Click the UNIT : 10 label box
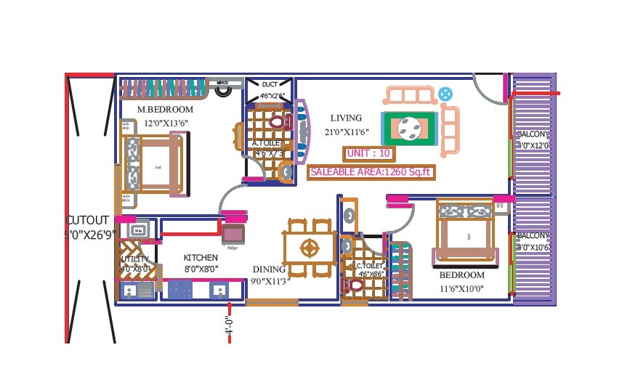pyautogui.click(x=370, y=153)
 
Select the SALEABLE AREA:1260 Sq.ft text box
pyautogui.click(x=371, y=173)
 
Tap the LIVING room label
pyautogui.click(x=345, y=118)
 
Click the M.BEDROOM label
pyautogui.click(x=159, y=110)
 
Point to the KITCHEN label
pyautogui.click(x=201, y=258)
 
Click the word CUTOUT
pyautogui.click(x=87, y=220)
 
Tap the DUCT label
pyautogui.click(x=270, y=84)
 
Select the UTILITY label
pyautogui.click(x=134, y=259)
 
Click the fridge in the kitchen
pyautogui.click(x=233, y=234)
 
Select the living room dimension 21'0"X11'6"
pyautogui.click(x=347, y=132)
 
